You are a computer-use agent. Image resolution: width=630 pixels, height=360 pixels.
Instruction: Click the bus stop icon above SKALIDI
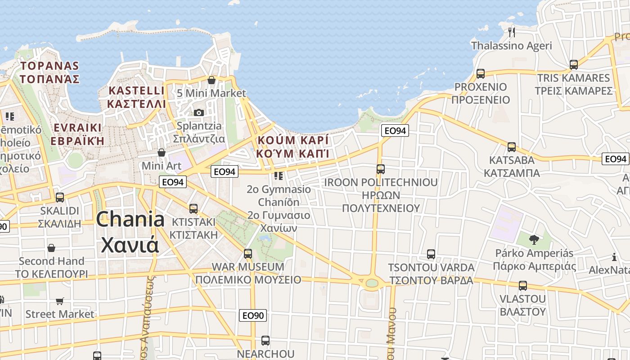coord(59,197)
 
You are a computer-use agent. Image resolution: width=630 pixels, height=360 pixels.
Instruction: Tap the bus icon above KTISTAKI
coord(193,209)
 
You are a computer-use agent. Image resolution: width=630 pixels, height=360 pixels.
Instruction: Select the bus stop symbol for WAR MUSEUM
coord(248,253)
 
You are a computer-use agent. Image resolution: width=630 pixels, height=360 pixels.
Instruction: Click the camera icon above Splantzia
coord(199,112)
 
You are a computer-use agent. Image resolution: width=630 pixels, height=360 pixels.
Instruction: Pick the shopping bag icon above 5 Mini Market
coord(211,80)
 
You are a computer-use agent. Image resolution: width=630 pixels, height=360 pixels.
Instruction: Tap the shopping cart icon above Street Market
coord(59,301)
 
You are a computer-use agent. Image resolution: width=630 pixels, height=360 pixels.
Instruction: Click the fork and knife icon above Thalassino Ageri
coord(511,32)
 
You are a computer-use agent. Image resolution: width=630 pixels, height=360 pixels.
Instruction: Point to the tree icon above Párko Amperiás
coord(534,239)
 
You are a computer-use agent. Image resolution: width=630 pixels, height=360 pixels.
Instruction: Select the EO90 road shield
coord(253,315)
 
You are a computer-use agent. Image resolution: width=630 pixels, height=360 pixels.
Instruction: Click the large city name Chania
coord(130,220)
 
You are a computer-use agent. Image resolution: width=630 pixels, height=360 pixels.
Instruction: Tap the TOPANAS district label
coord(49,66)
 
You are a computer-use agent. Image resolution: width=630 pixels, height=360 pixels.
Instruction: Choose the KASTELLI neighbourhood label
coord(137,90)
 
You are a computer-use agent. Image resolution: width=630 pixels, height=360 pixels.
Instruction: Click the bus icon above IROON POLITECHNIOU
coord(381,169)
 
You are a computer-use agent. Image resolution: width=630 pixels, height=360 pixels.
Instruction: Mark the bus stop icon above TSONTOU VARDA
coord(431,254)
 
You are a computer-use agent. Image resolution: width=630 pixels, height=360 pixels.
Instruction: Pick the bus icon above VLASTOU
coord(522,286)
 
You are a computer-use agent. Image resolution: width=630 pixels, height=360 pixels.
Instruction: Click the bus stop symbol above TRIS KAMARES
coord(573,65)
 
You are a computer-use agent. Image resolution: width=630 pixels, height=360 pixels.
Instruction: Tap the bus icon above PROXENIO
coord(481,74)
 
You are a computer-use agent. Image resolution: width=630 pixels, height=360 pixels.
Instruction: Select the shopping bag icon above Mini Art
coord(162,153)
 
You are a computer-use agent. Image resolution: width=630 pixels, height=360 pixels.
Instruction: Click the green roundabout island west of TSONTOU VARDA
coord(372,283)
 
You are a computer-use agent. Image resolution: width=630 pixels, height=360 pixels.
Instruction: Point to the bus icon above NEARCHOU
coord(265,341)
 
